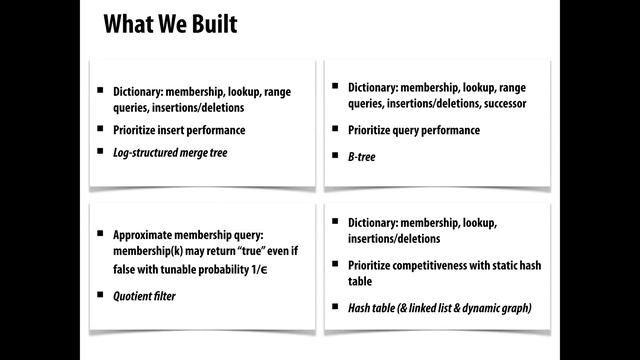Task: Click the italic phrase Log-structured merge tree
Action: coord(170,153)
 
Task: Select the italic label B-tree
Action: coord(362,157)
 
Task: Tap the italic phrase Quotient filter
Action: coord(144,296)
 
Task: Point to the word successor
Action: coord(505,104)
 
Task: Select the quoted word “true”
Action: coord(250,251)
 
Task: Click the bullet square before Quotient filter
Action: coord(100,294)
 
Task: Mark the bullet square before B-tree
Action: coord(335,155)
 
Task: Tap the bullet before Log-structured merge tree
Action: coord(100,151)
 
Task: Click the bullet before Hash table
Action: coord(335,306)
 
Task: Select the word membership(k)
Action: coord(148,251)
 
